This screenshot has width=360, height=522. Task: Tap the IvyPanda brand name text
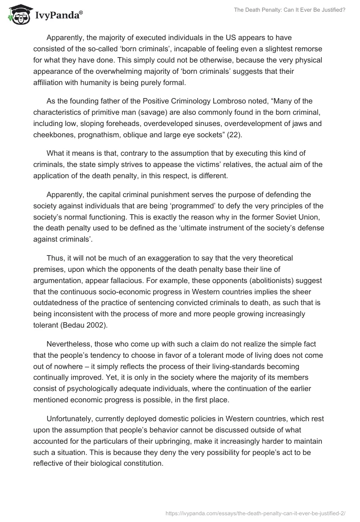[57, 16]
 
